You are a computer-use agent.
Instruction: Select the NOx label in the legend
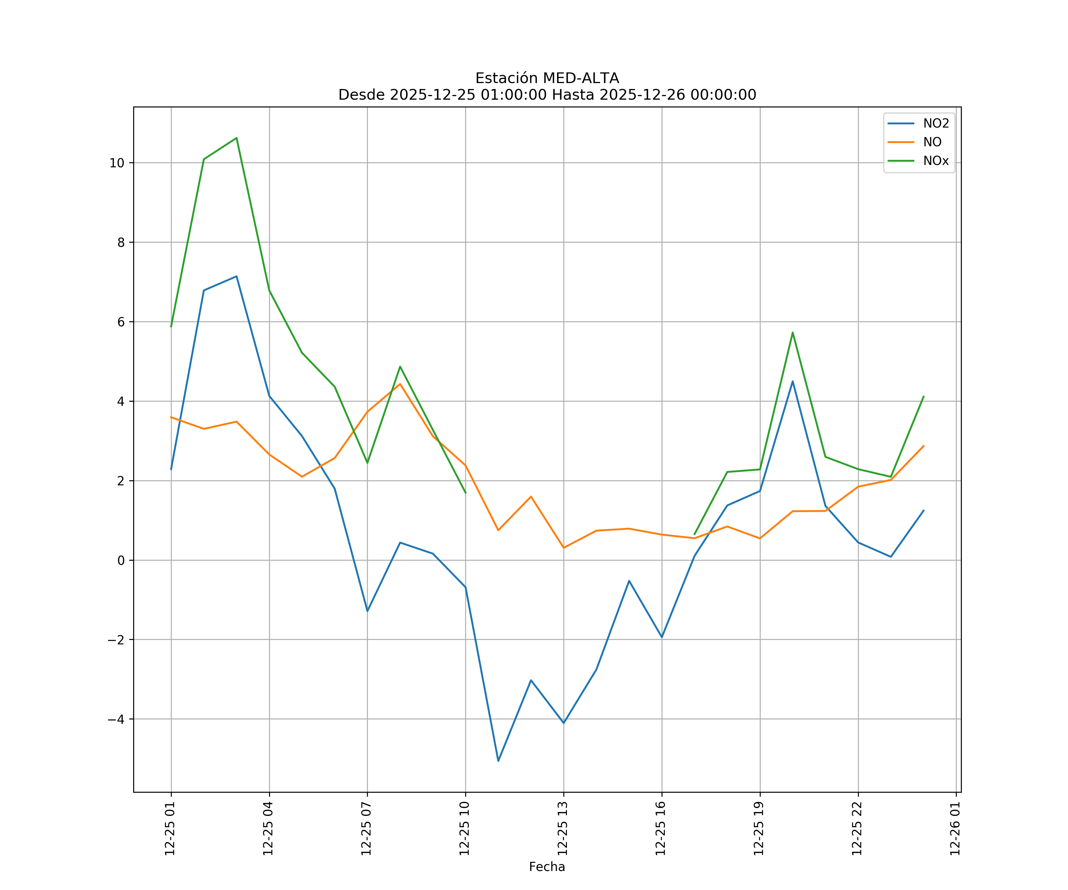[936, 161]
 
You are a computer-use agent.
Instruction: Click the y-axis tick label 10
[117, 163]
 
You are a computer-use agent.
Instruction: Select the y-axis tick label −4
[116, 719]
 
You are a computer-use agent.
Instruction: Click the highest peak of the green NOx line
[236, 138]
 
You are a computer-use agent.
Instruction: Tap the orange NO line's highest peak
[400, 384]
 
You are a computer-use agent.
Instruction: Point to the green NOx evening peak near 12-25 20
[792, 333]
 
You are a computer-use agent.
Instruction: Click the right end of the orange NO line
[924, 446]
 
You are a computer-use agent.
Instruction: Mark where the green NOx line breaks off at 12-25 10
[465, 493]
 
